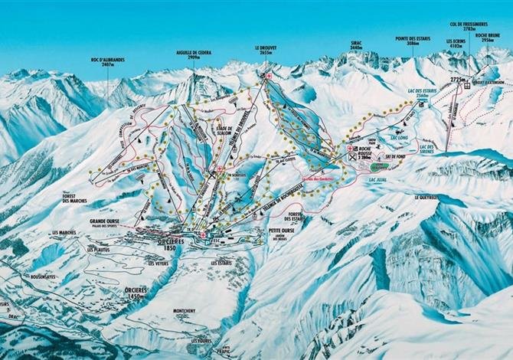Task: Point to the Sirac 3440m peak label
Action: [355, 46]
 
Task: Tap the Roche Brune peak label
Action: [487, 37]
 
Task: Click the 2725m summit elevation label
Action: [459, 78]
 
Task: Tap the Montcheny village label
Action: [185, 311]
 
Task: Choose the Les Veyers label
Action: [158, 263]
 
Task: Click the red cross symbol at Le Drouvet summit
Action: [269, 77]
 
